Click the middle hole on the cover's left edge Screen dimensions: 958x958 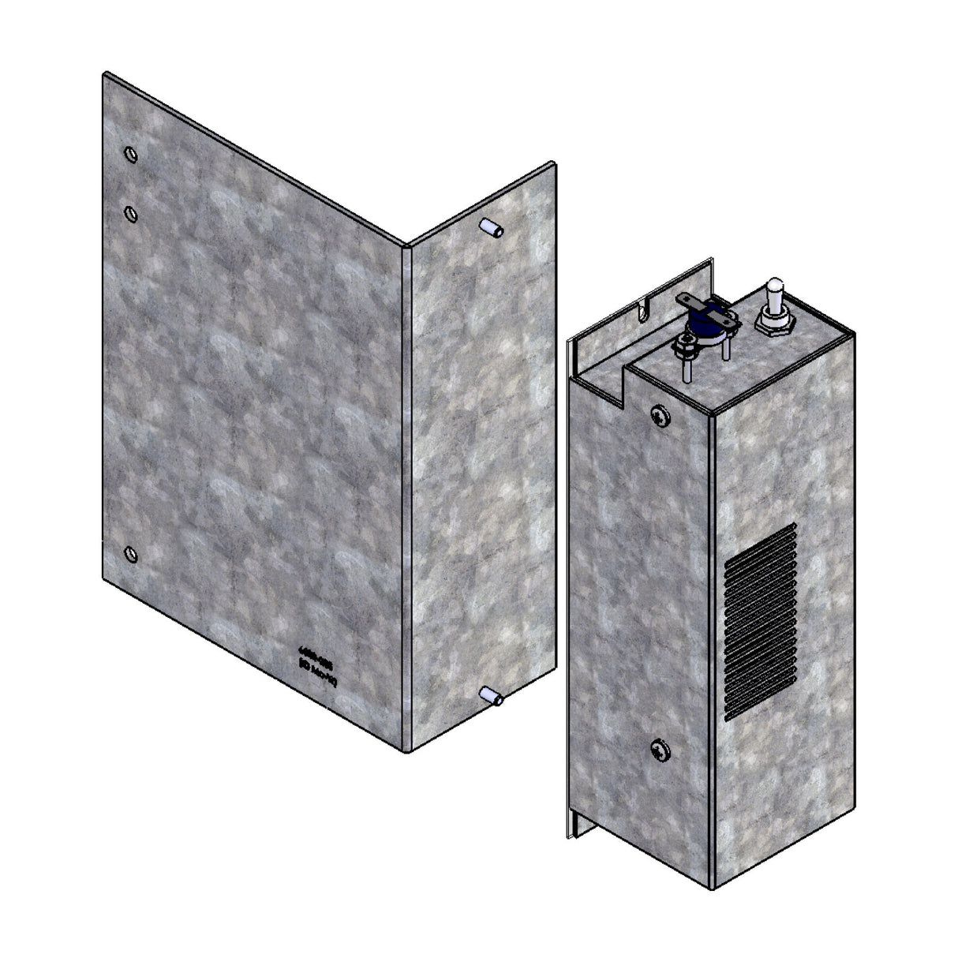131,213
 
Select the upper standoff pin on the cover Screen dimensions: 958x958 491,230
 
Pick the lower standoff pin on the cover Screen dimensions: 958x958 490,696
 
